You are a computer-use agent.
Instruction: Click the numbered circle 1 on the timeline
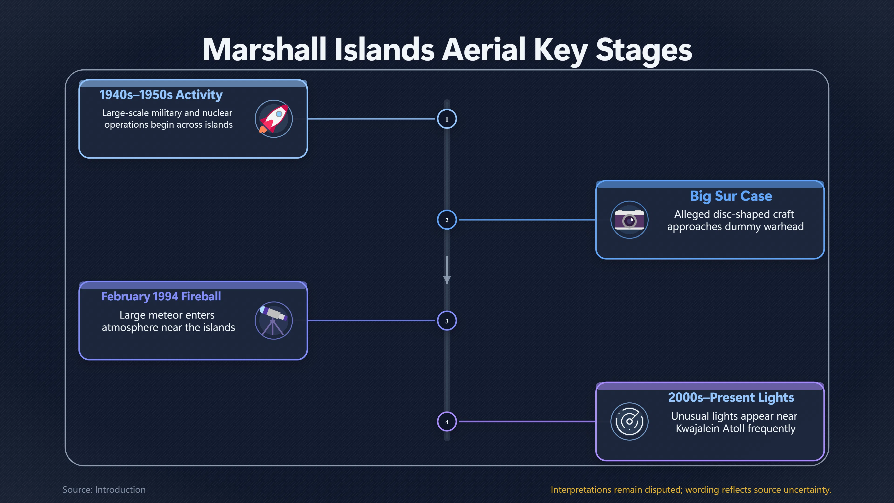click(x=447, y=119)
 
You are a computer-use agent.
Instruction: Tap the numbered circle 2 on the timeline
click(x=447, y=220)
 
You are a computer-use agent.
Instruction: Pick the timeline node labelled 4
click(x=447, y=422)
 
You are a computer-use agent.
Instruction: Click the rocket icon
click(x=274, y=119)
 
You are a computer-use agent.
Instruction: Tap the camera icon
click(x=629, y=220)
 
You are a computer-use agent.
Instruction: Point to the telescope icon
click(x=274, y=320)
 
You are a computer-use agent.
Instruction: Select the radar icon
click(x=629, y=421)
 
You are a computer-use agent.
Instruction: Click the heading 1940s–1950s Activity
click(x=161, y=95)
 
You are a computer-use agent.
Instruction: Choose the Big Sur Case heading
click(x=731, y=196)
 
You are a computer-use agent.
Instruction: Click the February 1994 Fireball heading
click(x=161, y=296)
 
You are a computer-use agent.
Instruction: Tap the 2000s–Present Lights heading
click(x=731, y=398)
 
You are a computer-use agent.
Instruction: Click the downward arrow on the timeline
click(x=447, y=270)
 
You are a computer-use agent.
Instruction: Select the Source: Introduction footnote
click(x=104, y=489)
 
